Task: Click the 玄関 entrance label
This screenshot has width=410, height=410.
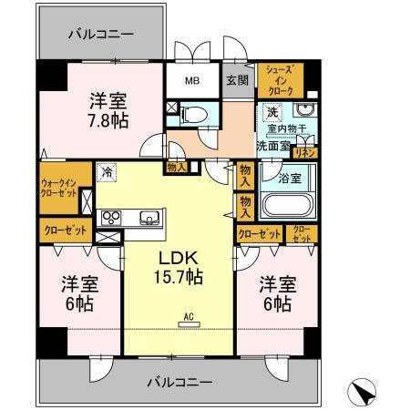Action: (x=237, y=79)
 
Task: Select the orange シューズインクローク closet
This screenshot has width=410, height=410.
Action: (x=279, y=81)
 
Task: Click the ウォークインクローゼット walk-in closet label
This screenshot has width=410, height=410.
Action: (x=58, y=187)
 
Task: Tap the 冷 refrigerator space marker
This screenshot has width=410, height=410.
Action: (x=108, y=170)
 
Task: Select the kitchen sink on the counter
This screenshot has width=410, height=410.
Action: (x=148, y=218)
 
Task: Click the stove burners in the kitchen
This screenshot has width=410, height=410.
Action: (x=111, y=217)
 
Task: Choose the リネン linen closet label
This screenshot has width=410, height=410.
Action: (x=307, y=152)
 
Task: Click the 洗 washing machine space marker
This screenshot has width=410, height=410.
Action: (x=271, y=113)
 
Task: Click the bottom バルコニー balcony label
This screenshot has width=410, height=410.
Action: (x=179, y=381)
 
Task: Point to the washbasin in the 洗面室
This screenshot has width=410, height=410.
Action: (x=307, y=112)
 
